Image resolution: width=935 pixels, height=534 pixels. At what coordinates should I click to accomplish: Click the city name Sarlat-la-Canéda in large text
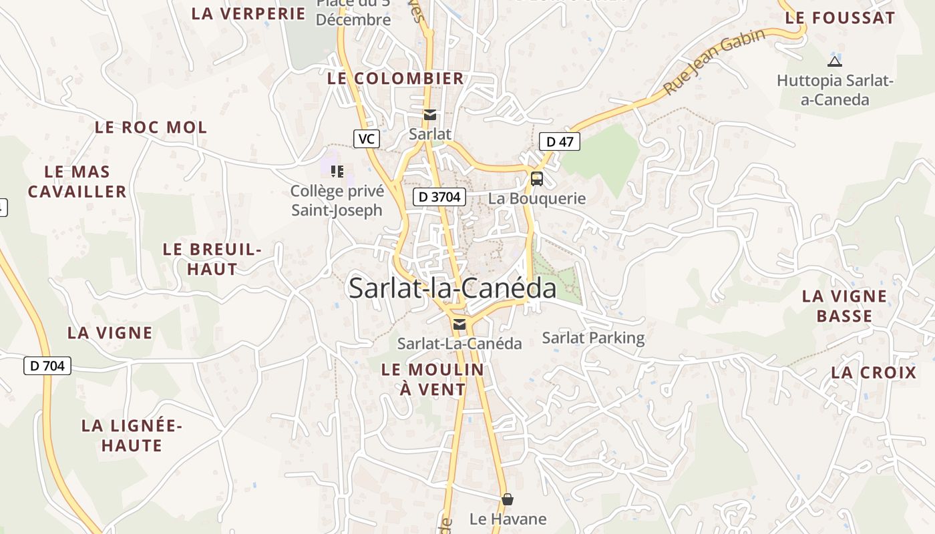click(452, 288)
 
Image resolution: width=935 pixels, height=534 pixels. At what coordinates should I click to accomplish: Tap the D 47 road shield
click(560, 142)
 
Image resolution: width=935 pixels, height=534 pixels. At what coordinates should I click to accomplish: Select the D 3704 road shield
click(439, 196)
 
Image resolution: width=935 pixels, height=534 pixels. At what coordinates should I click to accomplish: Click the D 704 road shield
click(47, 365)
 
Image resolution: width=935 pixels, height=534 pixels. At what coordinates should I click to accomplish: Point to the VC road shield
click(366, 139)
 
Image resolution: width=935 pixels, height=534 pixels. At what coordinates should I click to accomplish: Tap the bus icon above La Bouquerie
click(536, 178)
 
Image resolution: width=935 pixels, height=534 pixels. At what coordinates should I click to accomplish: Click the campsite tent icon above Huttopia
click(834, 62)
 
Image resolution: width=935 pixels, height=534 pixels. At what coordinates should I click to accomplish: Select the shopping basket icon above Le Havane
click(508, 499)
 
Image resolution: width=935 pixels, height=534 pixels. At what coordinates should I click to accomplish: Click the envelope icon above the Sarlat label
click(430, 115)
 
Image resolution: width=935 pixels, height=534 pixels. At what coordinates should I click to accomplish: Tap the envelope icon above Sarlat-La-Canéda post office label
click(459, 324)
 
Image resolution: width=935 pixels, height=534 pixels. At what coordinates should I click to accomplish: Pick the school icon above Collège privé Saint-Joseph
click(337, 172)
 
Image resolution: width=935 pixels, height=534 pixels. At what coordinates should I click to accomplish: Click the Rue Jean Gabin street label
click(714, 62)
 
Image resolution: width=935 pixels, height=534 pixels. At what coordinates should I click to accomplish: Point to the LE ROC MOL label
click(151, 127)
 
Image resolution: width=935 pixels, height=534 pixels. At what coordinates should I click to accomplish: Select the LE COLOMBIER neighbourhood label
click(395, 78)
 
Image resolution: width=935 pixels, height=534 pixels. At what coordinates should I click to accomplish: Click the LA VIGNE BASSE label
click(844, 306)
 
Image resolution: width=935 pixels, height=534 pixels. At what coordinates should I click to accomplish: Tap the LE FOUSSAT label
click(839, 18)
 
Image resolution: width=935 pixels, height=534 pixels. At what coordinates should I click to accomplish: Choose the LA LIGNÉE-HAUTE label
click(132, 435)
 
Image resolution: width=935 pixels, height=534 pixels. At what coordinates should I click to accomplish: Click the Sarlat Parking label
click(593, 338)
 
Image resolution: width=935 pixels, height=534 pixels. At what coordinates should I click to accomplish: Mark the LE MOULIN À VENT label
click(432, 378)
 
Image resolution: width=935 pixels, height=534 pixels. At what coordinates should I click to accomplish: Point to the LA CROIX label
click(874, 372)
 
